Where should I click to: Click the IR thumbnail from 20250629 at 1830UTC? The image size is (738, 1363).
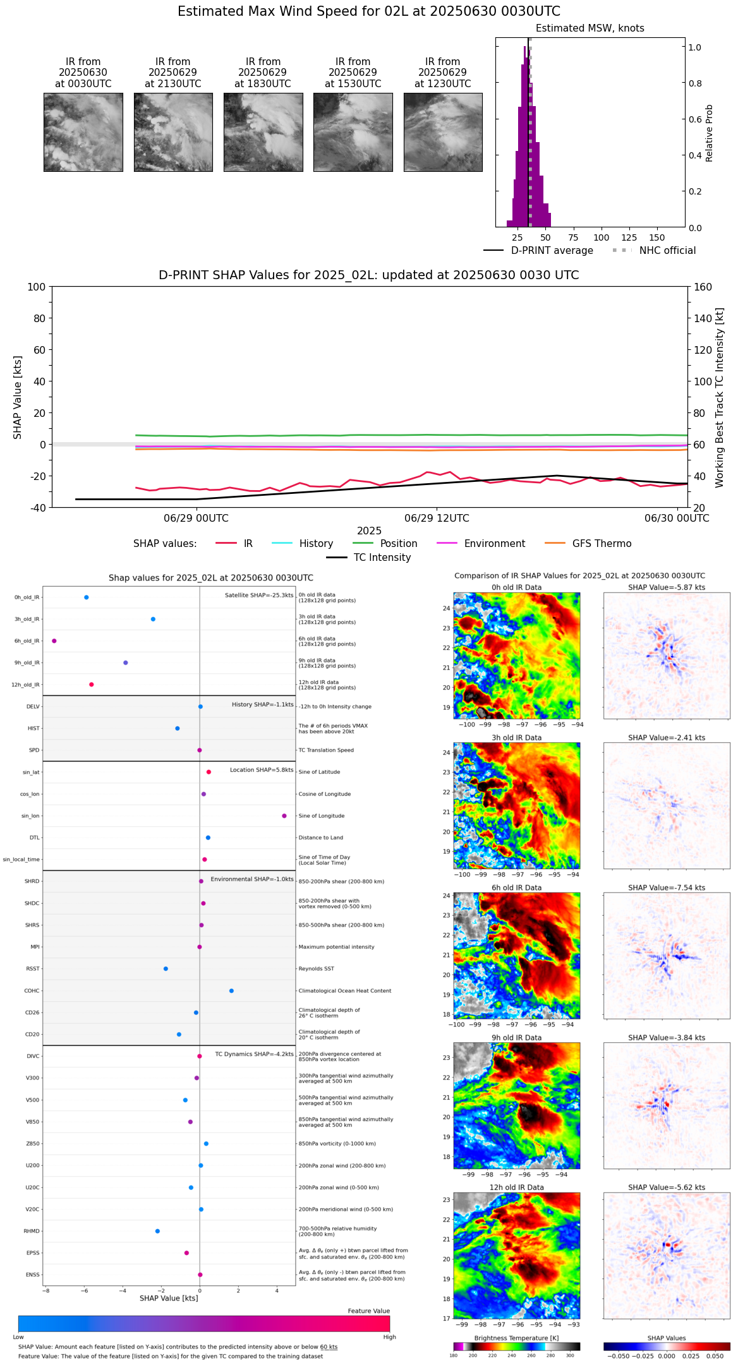point(263,132)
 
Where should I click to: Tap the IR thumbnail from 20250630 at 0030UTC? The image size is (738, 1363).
point(83,132)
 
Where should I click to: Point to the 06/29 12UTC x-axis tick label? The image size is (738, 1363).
point(437,519)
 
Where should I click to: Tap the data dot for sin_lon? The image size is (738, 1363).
point(284,816)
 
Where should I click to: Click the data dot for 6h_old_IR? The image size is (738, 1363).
point(54,641)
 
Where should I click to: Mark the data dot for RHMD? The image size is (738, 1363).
point(157,1231)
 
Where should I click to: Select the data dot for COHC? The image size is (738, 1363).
point(231,991)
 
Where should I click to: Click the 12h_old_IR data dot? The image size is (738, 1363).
point(92,685)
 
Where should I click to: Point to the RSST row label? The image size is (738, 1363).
point(32,969)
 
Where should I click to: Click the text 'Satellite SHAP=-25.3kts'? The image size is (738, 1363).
point(259,596)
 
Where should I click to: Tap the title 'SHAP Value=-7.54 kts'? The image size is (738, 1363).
point(667,888)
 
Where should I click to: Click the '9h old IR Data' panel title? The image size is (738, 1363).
point(516,1038)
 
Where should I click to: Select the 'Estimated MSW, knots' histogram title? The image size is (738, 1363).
point(590,28)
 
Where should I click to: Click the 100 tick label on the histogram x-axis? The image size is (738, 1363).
point(601,238)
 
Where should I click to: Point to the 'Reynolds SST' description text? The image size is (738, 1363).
point(316,969)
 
